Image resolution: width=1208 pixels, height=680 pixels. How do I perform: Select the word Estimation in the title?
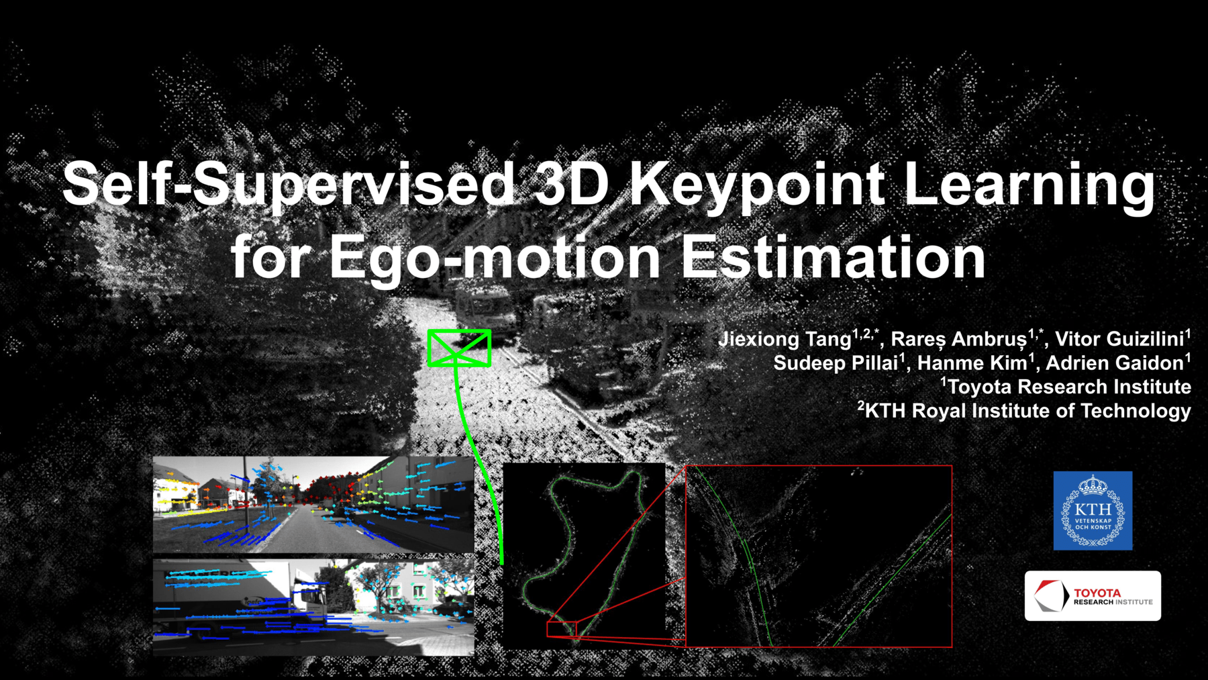[833, 258]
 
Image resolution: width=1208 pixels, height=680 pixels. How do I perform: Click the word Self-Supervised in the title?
[289, 185]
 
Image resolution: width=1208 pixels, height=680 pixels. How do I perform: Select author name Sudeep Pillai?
[835, 363]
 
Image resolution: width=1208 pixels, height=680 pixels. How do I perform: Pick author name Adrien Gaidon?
[1114, 363]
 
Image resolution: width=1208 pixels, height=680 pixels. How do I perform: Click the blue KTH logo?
[1093, 511]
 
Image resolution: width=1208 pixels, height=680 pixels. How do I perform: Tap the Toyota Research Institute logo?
[1093, 596]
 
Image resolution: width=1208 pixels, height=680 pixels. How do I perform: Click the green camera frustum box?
[459, 348]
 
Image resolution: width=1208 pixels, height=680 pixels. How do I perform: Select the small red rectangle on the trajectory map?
[562, 629]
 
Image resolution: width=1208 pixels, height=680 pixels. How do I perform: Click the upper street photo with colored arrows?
[313, 504]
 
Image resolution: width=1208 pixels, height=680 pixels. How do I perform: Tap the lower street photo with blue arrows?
[313, 607]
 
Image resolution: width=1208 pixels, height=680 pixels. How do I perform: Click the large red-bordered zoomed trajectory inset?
[819, 556]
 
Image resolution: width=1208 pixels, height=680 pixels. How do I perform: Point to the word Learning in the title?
[1029, 185]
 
